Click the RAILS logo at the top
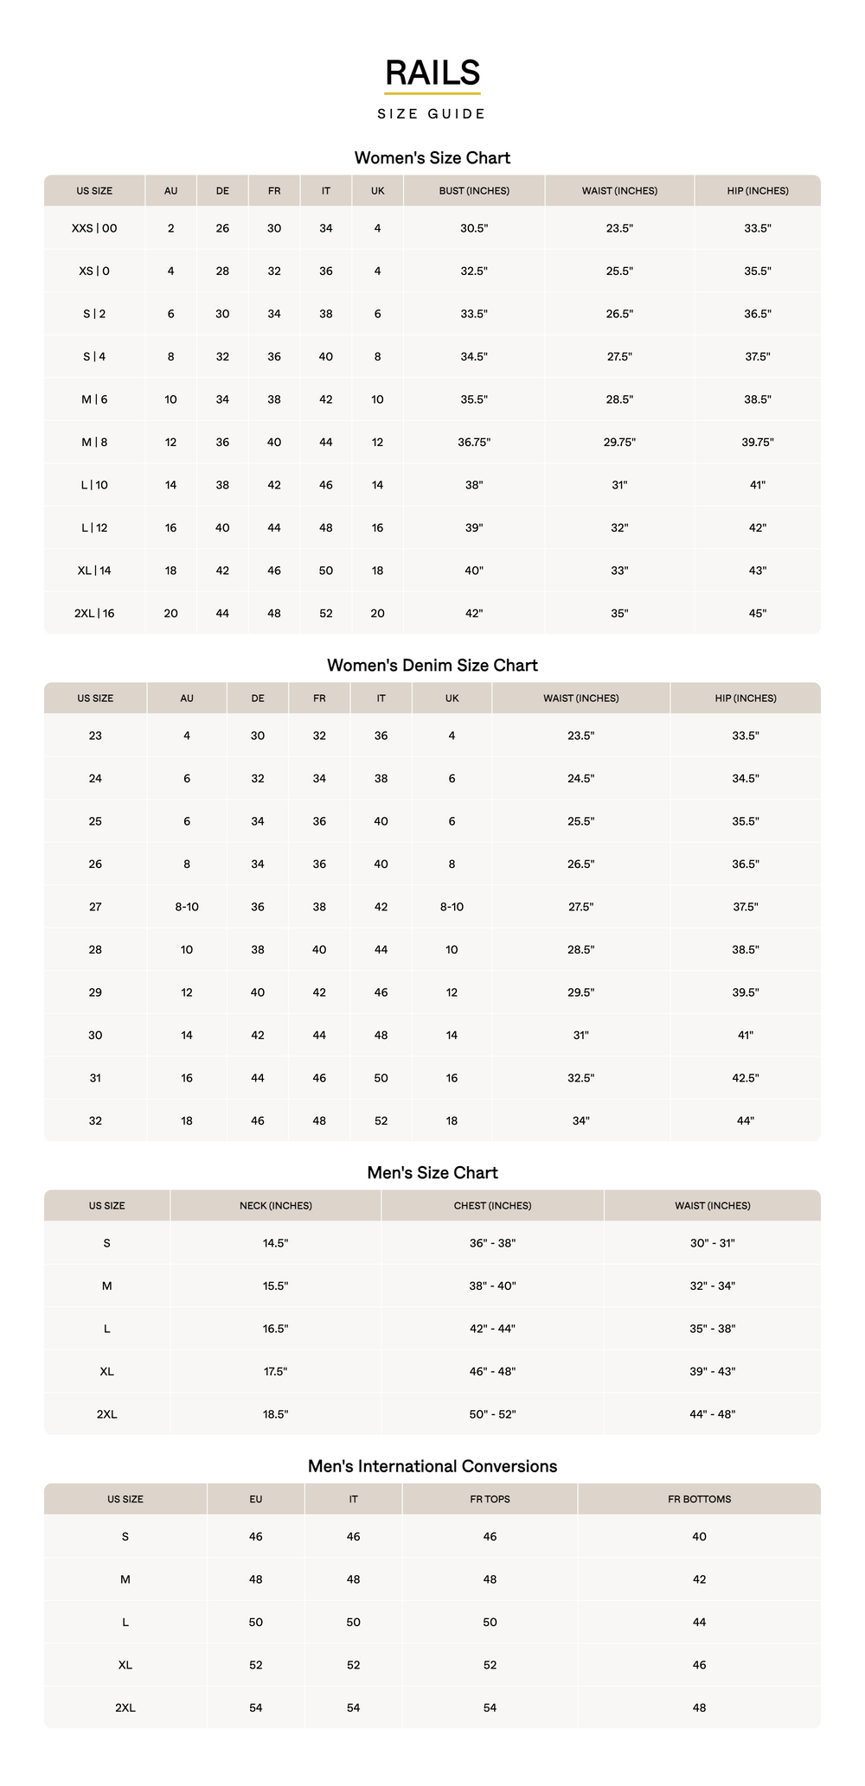(x=432, y=73)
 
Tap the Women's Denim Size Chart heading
(x=432, y=665)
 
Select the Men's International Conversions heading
(x=432, y=1466)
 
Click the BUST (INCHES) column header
(x=474, y=190)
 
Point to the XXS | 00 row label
(x=94, y=228)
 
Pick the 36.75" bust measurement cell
(x=474, y=442)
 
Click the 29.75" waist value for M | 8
(x=619, y=442)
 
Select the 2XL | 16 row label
(x=94, y=613)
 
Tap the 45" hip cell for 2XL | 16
(x=758, y=613)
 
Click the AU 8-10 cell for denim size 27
(x=187, y=907)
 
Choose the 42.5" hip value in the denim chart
(x=746, y=1078)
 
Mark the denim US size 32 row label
(x=95, y=1120)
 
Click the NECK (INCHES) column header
(x=276, y=1205)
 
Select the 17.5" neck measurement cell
(x=276, y=1371)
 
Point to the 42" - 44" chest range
(x=492, y=1329)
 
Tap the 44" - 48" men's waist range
(x=713, y=1414)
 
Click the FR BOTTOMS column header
(x=700, y=1499)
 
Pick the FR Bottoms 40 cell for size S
(x=700, y=1536)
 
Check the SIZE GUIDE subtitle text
(x=432, y=114)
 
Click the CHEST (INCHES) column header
(x=492, y=1205)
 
